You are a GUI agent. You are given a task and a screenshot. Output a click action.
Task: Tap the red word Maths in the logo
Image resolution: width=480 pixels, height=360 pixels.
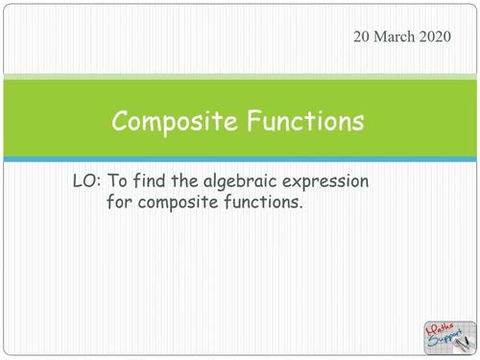tap(442, 329)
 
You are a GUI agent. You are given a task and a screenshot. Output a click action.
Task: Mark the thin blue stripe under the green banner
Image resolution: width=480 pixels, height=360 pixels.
tap(240, 159)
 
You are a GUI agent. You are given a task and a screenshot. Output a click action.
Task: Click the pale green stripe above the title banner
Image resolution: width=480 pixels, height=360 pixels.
tap(240, 76)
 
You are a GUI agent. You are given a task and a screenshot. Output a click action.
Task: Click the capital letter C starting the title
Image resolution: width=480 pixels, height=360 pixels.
tap(120, 122)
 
